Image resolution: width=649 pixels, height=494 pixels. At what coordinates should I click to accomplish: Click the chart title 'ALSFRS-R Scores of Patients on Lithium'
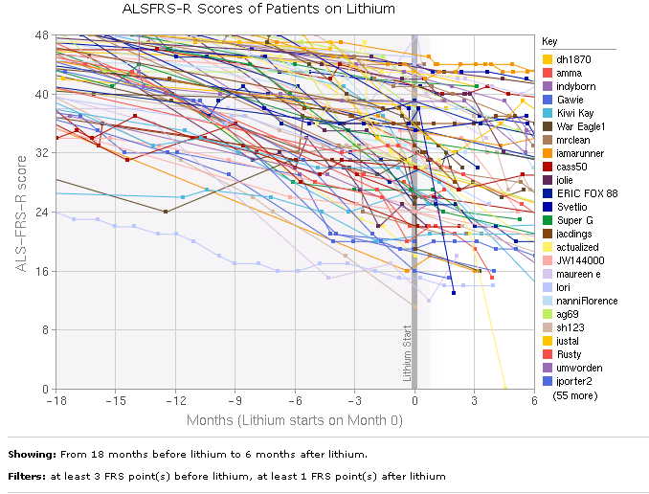(258, 9)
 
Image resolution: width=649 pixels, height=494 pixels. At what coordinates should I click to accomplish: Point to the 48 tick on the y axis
(41, 35)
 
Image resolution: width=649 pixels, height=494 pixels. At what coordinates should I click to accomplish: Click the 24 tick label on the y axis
(41, 213)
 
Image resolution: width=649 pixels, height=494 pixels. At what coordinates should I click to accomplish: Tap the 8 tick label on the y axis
(44, 330)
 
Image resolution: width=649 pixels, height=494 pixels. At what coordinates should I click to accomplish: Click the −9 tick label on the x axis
(235, 400)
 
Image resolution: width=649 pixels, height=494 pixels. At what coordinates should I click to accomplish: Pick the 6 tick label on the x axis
(533, 400)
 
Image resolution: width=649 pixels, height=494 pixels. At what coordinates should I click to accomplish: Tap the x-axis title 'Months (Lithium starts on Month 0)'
(294, 419)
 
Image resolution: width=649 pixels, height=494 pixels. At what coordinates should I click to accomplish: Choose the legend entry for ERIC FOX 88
(586, 193)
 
